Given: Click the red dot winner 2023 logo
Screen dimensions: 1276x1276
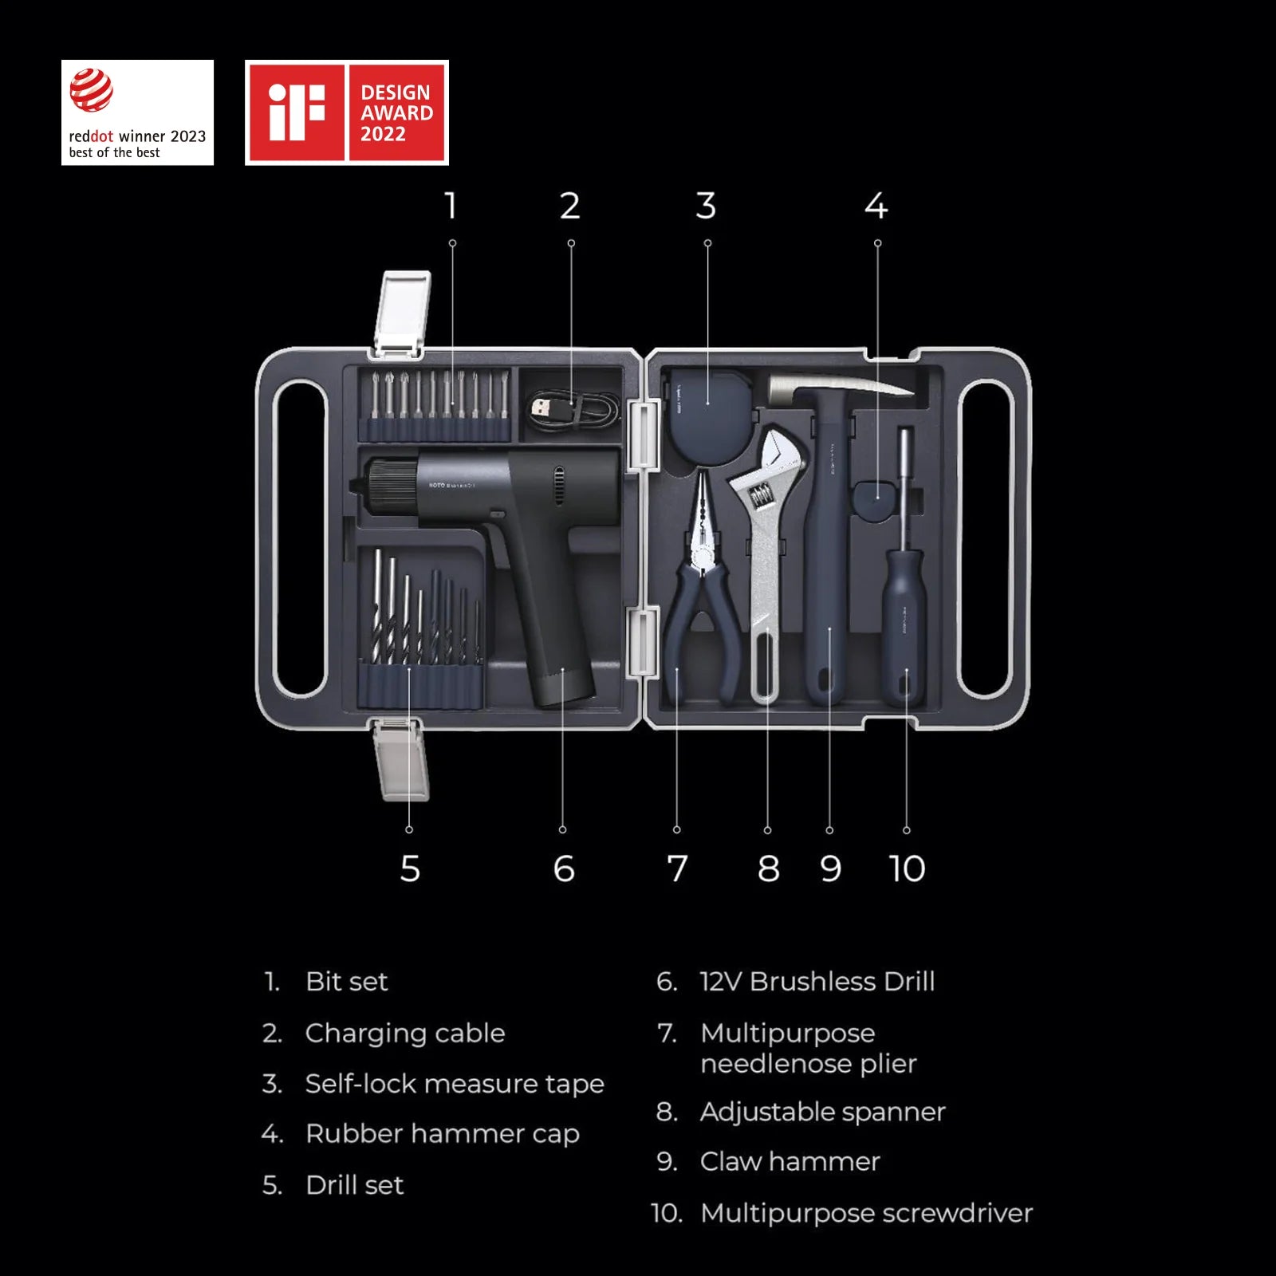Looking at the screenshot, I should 137,112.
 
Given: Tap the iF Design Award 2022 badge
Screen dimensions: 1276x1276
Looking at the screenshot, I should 346,112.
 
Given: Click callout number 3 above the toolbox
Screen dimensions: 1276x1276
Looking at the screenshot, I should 706,206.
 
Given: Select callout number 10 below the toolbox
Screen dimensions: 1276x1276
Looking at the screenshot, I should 907,868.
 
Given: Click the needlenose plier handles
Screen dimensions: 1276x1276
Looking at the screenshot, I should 701,630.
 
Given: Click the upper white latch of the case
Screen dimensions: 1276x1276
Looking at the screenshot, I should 404,313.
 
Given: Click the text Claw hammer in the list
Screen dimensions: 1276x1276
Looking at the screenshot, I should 790,1162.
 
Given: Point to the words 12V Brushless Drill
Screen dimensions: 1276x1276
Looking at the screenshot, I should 817,982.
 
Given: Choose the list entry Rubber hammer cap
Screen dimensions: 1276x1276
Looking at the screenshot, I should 442,1134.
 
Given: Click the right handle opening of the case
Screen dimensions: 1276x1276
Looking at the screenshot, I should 987,539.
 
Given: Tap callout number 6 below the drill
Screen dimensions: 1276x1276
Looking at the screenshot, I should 563,868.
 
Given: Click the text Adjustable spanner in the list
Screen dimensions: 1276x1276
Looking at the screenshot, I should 822,1112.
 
